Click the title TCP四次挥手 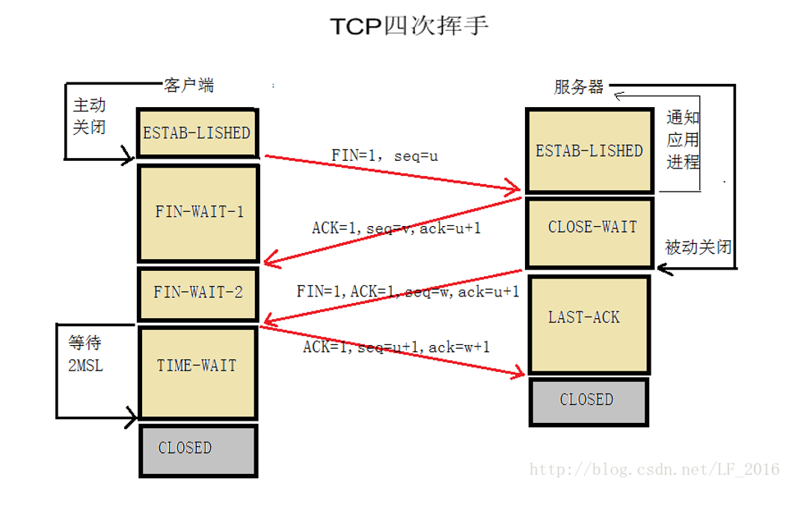coord(410,26)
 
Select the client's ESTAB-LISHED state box coord(197,133)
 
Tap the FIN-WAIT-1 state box coord(199,212)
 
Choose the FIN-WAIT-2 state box coord(198,293)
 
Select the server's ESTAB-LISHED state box coord(589,151)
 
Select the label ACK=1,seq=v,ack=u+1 coord(396,228)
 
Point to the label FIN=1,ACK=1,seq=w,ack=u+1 coord(408,291)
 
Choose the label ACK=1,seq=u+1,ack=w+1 coord(396,347)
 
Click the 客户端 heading coord(188,85)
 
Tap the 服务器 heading coord(579,87)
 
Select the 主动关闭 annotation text coord(89,116)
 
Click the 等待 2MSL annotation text coord(85,355)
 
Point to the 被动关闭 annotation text coord(698,247)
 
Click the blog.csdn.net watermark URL coord(654,470)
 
